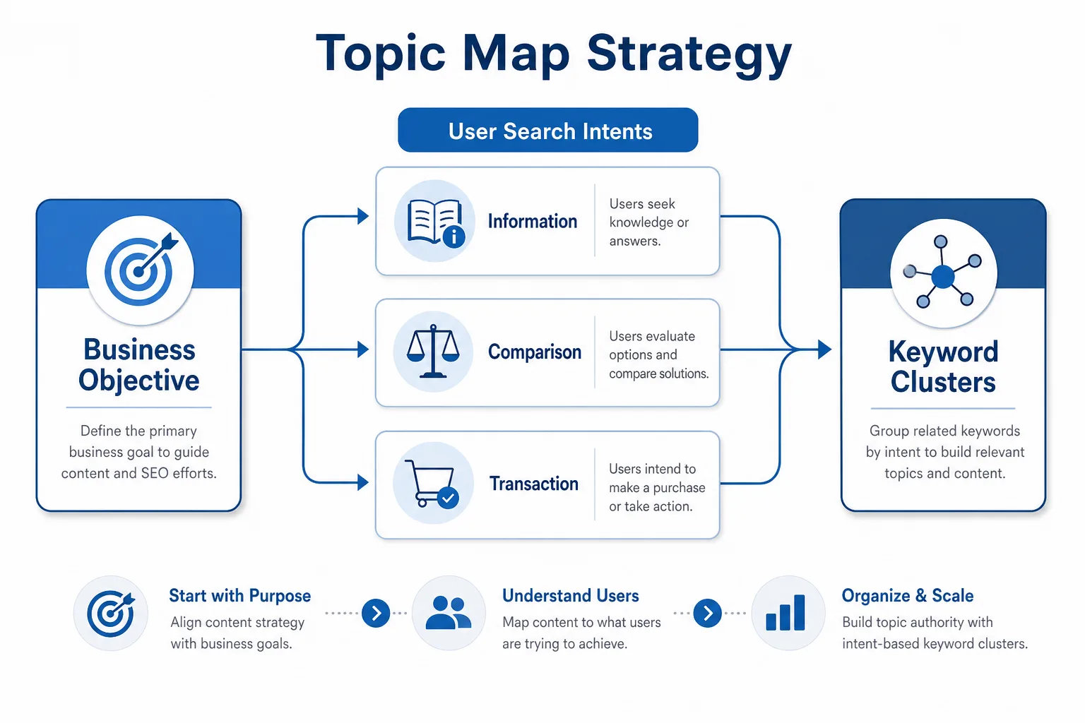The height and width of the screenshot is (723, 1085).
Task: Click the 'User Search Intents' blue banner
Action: (x=548, y=130)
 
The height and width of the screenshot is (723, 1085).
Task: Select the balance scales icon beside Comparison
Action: (x=432, y=351)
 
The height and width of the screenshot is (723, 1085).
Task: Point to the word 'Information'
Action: (x=533, y=221)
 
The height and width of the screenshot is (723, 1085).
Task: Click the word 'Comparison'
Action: (x=534, y=352)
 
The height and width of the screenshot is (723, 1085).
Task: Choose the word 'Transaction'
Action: (x=534, y=483)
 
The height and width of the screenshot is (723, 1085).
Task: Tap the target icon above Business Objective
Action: (x=141, y=270)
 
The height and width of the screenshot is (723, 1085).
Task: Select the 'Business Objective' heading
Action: (x=139, y=364)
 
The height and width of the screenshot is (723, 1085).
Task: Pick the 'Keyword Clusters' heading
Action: (x=943, y=366)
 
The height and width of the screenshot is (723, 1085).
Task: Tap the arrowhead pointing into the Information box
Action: (x=363, y=216)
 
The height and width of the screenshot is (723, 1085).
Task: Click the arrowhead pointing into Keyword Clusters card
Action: (x=825, y=349)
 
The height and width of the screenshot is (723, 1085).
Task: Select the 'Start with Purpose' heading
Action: (x=239, y=596)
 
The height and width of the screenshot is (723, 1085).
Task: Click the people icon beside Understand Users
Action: (x=448, y=613)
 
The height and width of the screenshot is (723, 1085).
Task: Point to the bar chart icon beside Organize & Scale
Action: (x=785, y=613)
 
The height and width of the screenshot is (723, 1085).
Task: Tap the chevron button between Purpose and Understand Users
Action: (x=376, y=613)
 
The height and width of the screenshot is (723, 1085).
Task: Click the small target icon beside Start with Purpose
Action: (x=111, y=613)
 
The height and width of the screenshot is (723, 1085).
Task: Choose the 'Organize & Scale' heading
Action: (x=907, y=596)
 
